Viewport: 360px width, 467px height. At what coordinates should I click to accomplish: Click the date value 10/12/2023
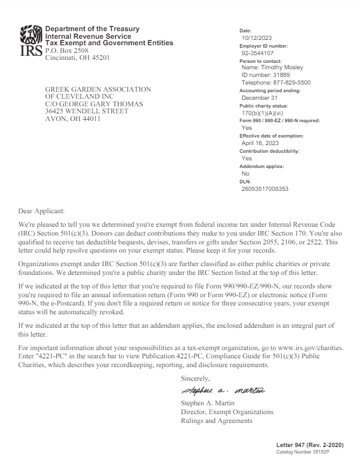coord(257,38)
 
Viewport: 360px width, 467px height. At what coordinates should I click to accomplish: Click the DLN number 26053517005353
coord(265,189)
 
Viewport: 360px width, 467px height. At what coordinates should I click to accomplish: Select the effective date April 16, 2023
coord(260,143)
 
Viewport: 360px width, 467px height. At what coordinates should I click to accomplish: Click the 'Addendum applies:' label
coord(262,166)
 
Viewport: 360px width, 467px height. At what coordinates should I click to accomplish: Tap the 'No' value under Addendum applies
coord(245,174)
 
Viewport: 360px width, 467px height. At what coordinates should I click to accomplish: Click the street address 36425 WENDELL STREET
coord(87,110)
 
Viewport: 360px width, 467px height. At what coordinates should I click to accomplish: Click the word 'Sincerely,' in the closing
coord(196,378)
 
